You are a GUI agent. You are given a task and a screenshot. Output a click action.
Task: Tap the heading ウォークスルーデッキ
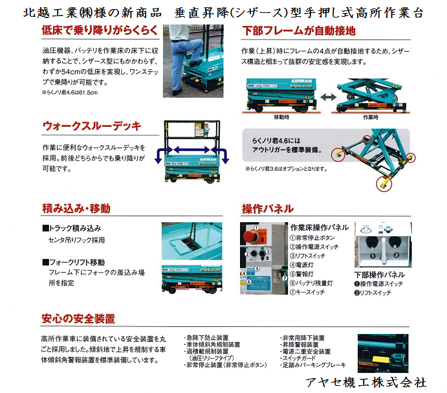[x=91, y=126]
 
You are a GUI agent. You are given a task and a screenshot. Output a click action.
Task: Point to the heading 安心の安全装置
[x=78, y=319]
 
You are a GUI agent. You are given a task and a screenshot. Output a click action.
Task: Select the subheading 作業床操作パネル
[x=319, y=227]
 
